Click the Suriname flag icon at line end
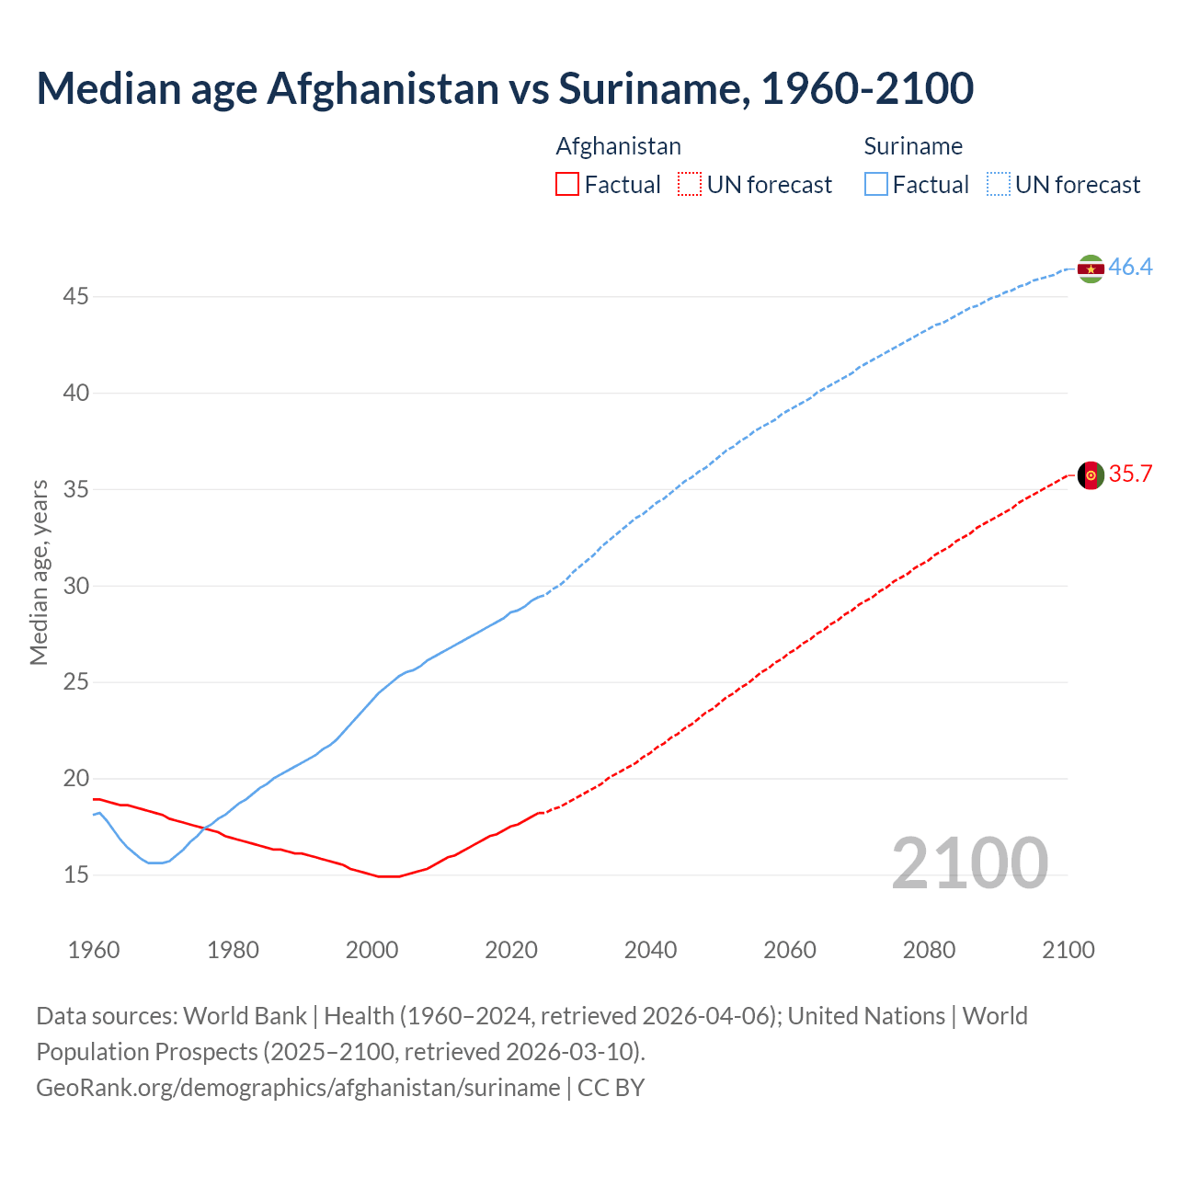(x=1091, y=269)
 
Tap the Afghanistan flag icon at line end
(x=1091, y=475)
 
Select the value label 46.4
(x=1130, y=268)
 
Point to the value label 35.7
(x=1130, y=474)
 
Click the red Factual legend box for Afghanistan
(x=567, y=185)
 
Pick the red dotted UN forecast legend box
(x=690, y=185)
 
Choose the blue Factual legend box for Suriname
(x=876, y=185)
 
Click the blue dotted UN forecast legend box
(x=998, y=185)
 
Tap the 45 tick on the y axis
(x=76, y=297)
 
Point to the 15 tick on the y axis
(x=76, y=875)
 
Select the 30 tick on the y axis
(x=76, y=586)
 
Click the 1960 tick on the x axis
(x=94, y=950)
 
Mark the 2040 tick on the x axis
(x=650, y=950)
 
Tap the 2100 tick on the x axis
(x=1068, y=950)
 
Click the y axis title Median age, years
(x=39, y=572)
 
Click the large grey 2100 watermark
(x=969, y=863)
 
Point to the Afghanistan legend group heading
(x=618, y=146)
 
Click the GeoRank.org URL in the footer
(x=298, y=1088)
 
